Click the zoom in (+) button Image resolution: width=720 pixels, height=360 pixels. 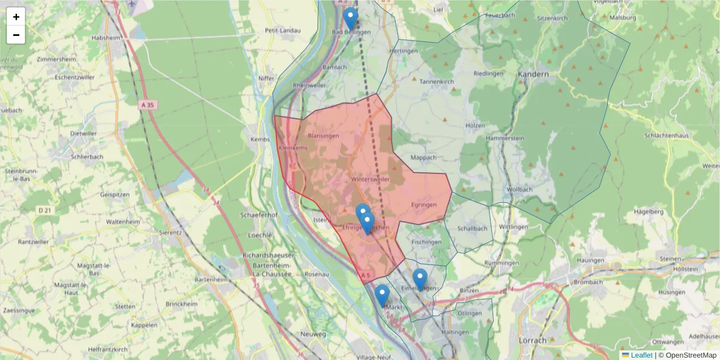(x=16, y=17)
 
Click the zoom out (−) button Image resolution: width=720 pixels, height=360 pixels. (x=16, y=35)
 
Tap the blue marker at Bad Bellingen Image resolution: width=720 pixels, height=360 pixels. (x=350, y=19)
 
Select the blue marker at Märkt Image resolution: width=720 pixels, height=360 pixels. (x=382, y=295)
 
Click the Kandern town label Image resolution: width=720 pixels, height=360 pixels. (x=532, y=74)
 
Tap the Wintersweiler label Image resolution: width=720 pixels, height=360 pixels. (x=371, y=179)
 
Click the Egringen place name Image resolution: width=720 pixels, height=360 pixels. (x=424, y=205)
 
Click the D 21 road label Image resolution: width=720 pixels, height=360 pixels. (x=45, y=210)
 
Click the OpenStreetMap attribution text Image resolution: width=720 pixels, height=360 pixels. (x=691, y=355)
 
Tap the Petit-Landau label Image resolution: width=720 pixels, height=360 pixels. (x=282, y=30)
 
